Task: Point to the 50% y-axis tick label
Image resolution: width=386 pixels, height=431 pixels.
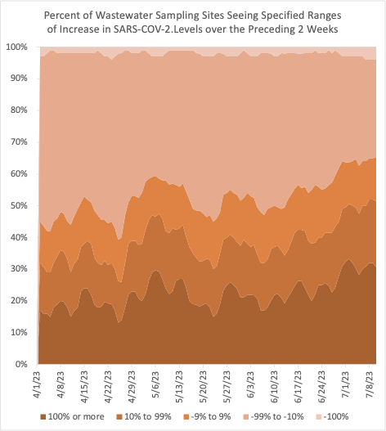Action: tap(18, 205)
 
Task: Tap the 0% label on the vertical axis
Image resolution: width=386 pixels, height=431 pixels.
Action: tap(20, 363)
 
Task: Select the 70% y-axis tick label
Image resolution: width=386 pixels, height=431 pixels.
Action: tap(18, 142)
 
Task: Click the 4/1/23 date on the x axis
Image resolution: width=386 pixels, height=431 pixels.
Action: tap(38, 385)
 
